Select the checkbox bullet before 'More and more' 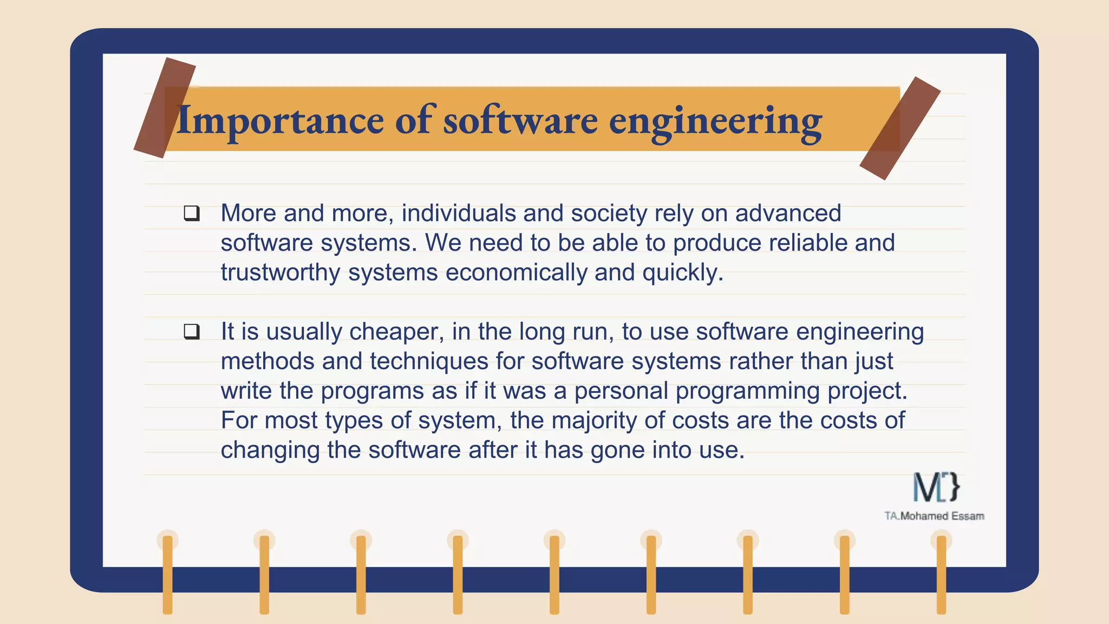pos(192,213)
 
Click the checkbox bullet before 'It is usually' pos(192,331)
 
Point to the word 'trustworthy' pos(280,272)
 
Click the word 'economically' pos(516,272)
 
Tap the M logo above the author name pos(936,487)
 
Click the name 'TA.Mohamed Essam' pos(934,516)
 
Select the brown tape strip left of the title pos(165,108)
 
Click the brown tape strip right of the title pos(900,128)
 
